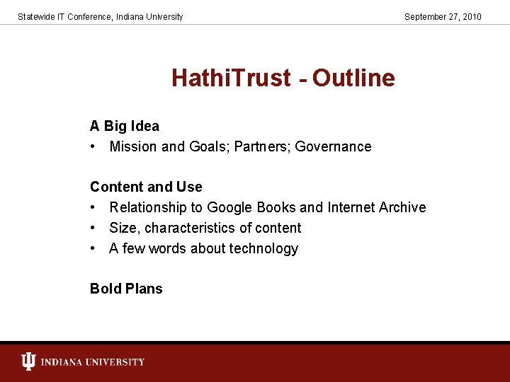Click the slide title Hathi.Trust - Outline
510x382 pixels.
click(283, 78)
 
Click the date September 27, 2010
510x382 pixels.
click(443, 16)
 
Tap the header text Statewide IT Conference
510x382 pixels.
click(63, 16)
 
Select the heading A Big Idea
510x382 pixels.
click(125, 127)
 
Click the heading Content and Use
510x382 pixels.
click(146, 187)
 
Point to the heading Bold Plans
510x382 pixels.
click(126, 289)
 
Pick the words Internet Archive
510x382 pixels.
click(376, 208)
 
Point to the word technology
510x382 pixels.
click(263, 249)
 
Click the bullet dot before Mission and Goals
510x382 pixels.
click(93, 147)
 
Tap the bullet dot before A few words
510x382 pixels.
click(93, 249)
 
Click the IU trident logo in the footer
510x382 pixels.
click(28, 362)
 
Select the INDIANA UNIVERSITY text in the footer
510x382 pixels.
click(93, 362)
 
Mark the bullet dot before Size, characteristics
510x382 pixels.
click(93, 228)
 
